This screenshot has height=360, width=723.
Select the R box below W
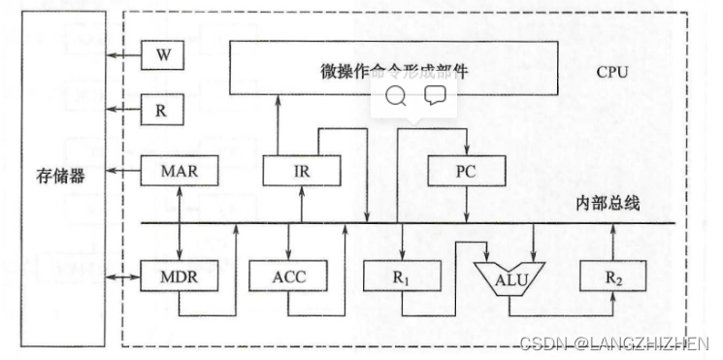pyautogui.click(x=161, y=110)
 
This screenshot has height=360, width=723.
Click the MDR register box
pyautogui.click(x=181, y=276)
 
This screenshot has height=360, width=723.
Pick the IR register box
pyautogui.click(x=302, y=171)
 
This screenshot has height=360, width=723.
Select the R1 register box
pyautogui.click(x=402, y=276)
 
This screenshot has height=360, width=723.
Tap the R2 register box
pyautogui.click(x=611, y=276)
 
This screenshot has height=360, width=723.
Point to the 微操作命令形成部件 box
pyautogui.click(x=393, y=71)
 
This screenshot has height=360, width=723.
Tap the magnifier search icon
pyautogui.click(x=396, y=94)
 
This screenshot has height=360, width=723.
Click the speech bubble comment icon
pyautogui.click(x=434, y=94)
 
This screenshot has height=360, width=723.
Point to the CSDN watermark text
pyautogui.click(x=614, y=344)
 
